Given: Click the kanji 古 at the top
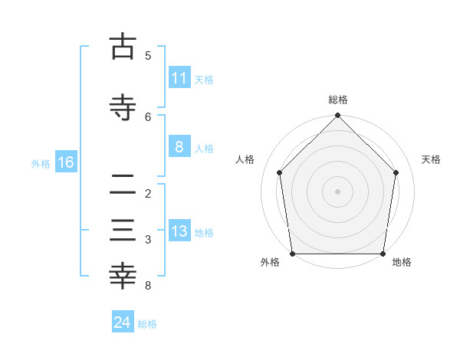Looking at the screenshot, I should pos(123,47).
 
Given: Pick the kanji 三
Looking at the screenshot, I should pos(123,231).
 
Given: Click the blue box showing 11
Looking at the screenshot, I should pos(179,78).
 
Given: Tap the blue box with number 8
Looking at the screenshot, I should pos(179,147).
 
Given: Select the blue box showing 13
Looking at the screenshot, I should pos(179,232).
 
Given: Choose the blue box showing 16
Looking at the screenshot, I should pos(65,162).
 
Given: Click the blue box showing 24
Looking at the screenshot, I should pos(122,322).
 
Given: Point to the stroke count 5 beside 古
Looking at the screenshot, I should pos(148,56).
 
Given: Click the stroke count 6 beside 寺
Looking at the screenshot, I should pos(148,116).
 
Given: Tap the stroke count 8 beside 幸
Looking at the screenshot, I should pos(148,286).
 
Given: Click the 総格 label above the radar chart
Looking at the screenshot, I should pos(338,100).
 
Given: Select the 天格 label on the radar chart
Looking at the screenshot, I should pos(432,159).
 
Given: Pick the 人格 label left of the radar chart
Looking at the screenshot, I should pos(245,159).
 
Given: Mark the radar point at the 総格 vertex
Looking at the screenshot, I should pos(338,116).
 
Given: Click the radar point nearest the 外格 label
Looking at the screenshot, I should pos(293,254).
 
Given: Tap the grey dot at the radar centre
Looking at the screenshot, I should pos(338,191).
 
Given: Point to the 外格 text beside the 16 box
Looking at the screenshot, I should pos(40,163).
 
